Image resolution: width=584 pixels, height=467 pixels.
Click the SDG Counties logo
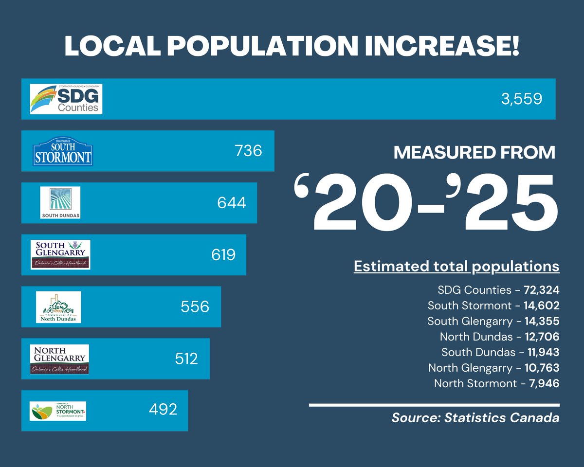tap(66, 99)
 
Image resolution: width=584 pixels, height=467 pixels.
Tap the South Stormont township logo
tap(62, 151)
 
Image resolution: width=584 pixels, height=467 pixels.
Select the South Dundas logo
tap(60, 203)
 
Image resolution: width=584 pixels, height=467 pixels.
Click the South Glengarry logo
tap(60, 254)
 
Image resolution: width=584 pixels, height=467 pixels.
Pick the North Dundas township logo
tap(58, 307)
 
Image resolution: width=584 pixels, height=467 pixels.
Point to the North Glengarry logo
tap(59, 359)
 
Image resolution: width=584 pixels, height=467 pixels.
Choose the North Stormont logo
tap(58, 411)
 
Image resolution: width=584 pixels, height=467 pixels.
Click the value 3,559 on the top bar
tap(521, 99)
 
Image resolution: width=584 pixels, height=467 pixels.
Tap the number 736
tap(248, 151)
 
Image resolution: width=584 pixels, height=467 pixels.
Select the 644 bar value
tap(232, 203)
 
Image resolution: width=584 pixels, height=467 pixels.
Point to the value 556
tap(195, 307)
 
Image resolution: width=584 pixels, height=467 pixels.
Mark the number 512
tap(186, 359)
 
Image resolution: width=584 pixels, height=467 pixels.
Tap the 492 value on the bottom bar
tap(163, 410)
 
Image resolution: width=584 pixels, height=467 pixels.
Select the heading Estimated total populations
tap(456, 267)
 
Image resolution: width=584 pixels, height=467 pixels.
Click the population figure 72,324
tap(542, 290)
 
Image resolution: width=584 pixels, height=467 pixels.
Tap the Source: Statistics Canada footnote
tap(475, 418)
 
